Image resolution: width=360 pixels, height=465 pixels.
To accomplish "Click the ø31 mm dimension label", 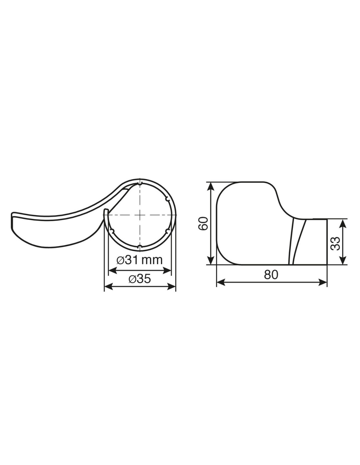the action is [x=139, y=260].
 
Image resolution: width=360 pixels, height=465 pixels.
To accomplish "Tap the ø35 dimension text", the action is [x=140, y=279].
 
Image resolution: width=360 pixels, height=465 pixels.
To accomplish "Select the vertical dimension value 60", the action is [x=203, y=223].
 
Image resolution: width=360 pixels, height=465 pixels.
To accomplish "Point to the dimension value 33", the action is [x=335, y=243].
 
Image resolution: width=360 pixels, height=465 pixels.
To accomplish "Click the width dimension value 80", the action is [x=271, y=275].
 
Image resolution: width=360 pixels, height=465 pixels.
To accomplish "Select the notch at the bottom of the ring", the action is [x=140, y=247].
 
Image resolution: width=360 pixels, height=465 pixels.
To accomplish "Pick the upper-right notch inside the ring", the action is [x=167, y=199].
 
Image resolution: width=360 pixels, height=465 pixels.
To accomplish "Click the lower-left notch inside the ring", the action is [x=112, y=231].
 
